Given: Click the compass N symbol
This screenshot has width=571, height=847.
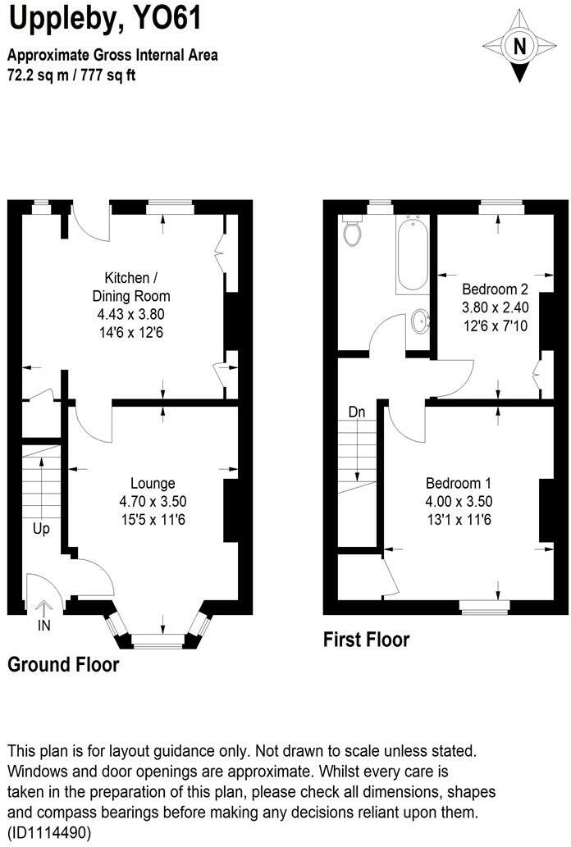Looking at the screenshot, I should tap(518, 47).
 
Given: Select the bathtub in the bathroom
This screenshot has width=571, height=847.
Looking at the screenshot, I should tap(411, 254).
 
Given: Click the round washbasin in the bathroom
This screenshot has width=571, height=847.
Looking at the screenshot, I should tap(420, 321).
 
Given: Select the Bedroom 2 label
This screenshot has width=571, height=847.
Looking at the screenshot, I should tap(495, 289).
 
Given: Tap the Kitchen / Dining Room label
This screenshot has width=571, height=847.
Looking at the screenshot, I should tap(136, 286).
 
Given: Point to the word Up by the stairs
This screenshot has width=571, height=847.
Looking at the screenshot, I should tap(41, 529).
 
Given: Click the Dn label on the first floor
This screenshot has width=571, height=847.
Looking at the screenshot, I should tap(356, 412).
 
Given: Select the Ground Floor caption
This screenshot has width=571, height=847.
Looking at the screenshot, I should tap(63, 665).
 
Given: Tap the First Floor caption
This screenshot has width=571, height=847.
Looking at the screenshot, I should tap(366, 639).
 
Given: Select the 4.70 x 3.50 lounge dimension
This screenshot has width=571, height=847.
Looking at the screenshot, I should tap(152, 501).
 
